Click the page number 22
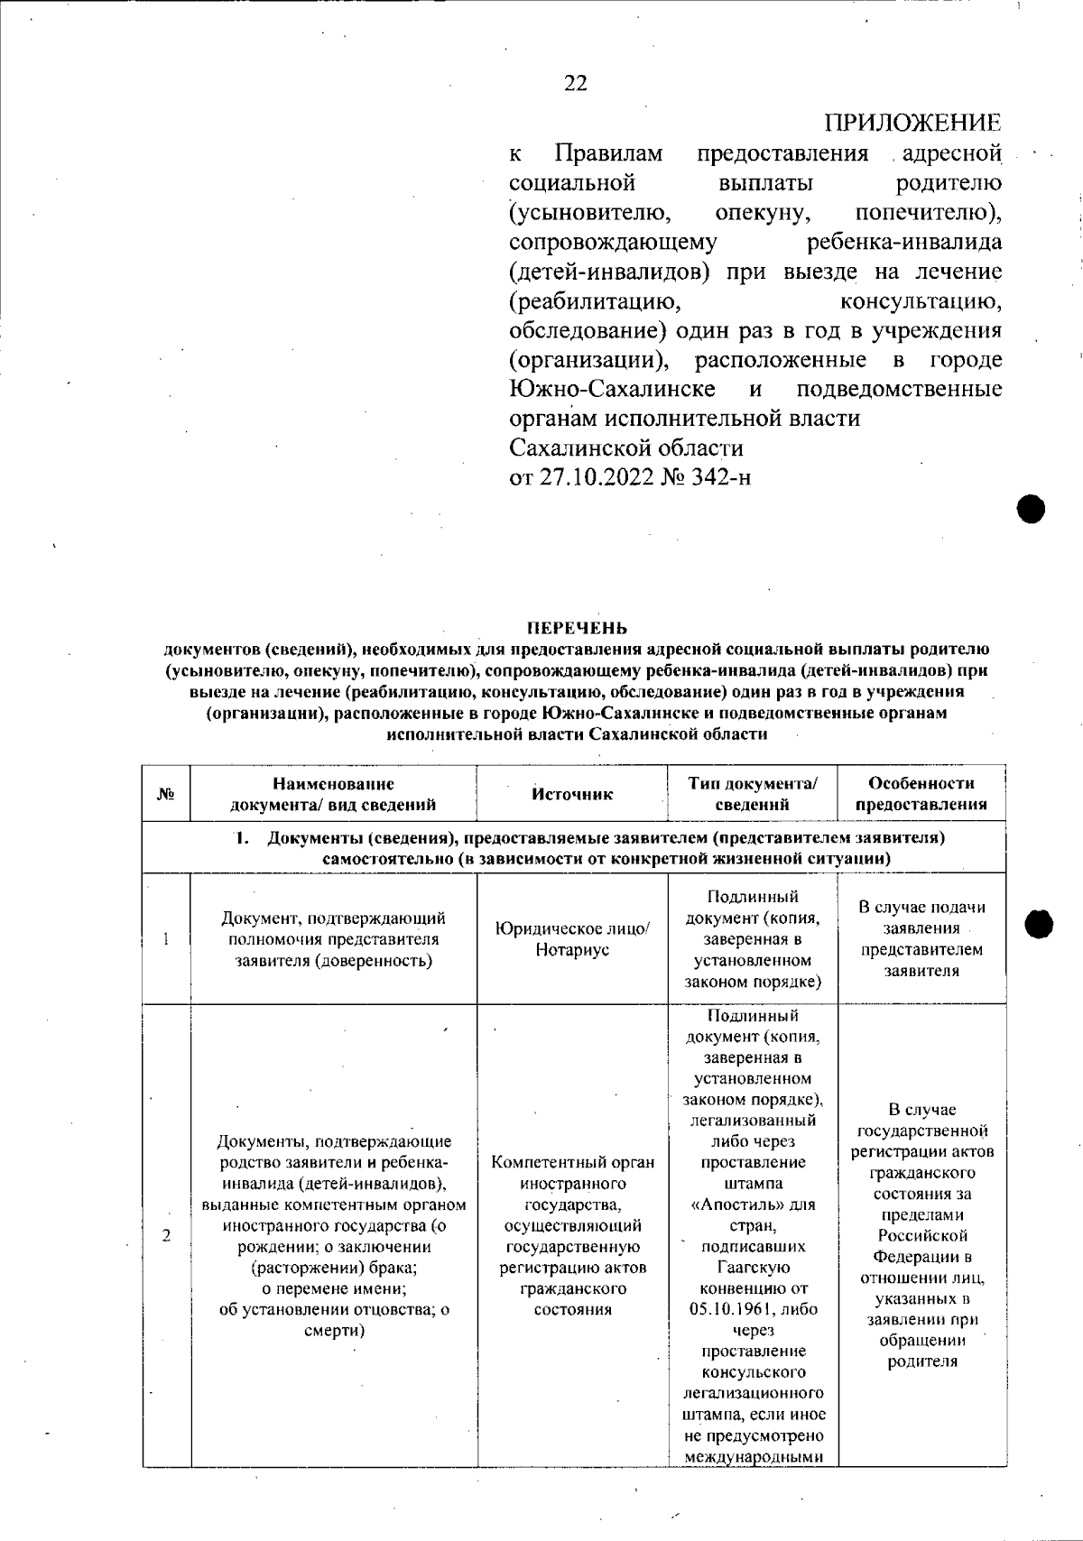tap(575, 83)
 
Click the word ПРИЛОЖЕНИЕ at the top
tap(912, 123)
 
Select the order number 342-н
tap(717, 477)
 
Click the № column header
tap(166, 794)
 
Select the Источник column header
tap(572, 794)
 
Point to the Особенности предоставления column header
tap(921, 794)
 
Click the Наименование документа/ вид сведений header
tap(334, 794)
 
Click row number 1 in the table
tap(167, 939)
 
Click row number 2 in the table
tap(167, 1235)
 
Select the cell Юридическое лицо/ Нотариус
tap(572, 939)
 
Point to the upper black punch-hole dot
tap(1031, 509)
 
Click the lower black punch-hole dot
tap(1040, 923)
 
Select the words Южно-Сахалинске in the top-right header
tap(613, 389)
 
